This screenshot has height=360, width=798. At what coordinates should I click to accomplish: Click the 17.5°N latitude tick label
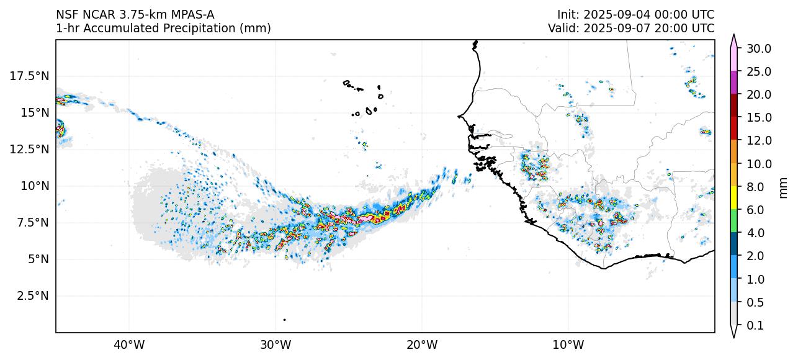(30, 76)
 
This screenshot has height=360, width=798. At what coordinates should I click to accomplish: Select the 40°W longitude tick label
(129, 344)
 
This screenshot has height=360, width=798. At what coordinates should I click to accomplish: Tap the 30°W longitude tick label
(276, 344)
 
